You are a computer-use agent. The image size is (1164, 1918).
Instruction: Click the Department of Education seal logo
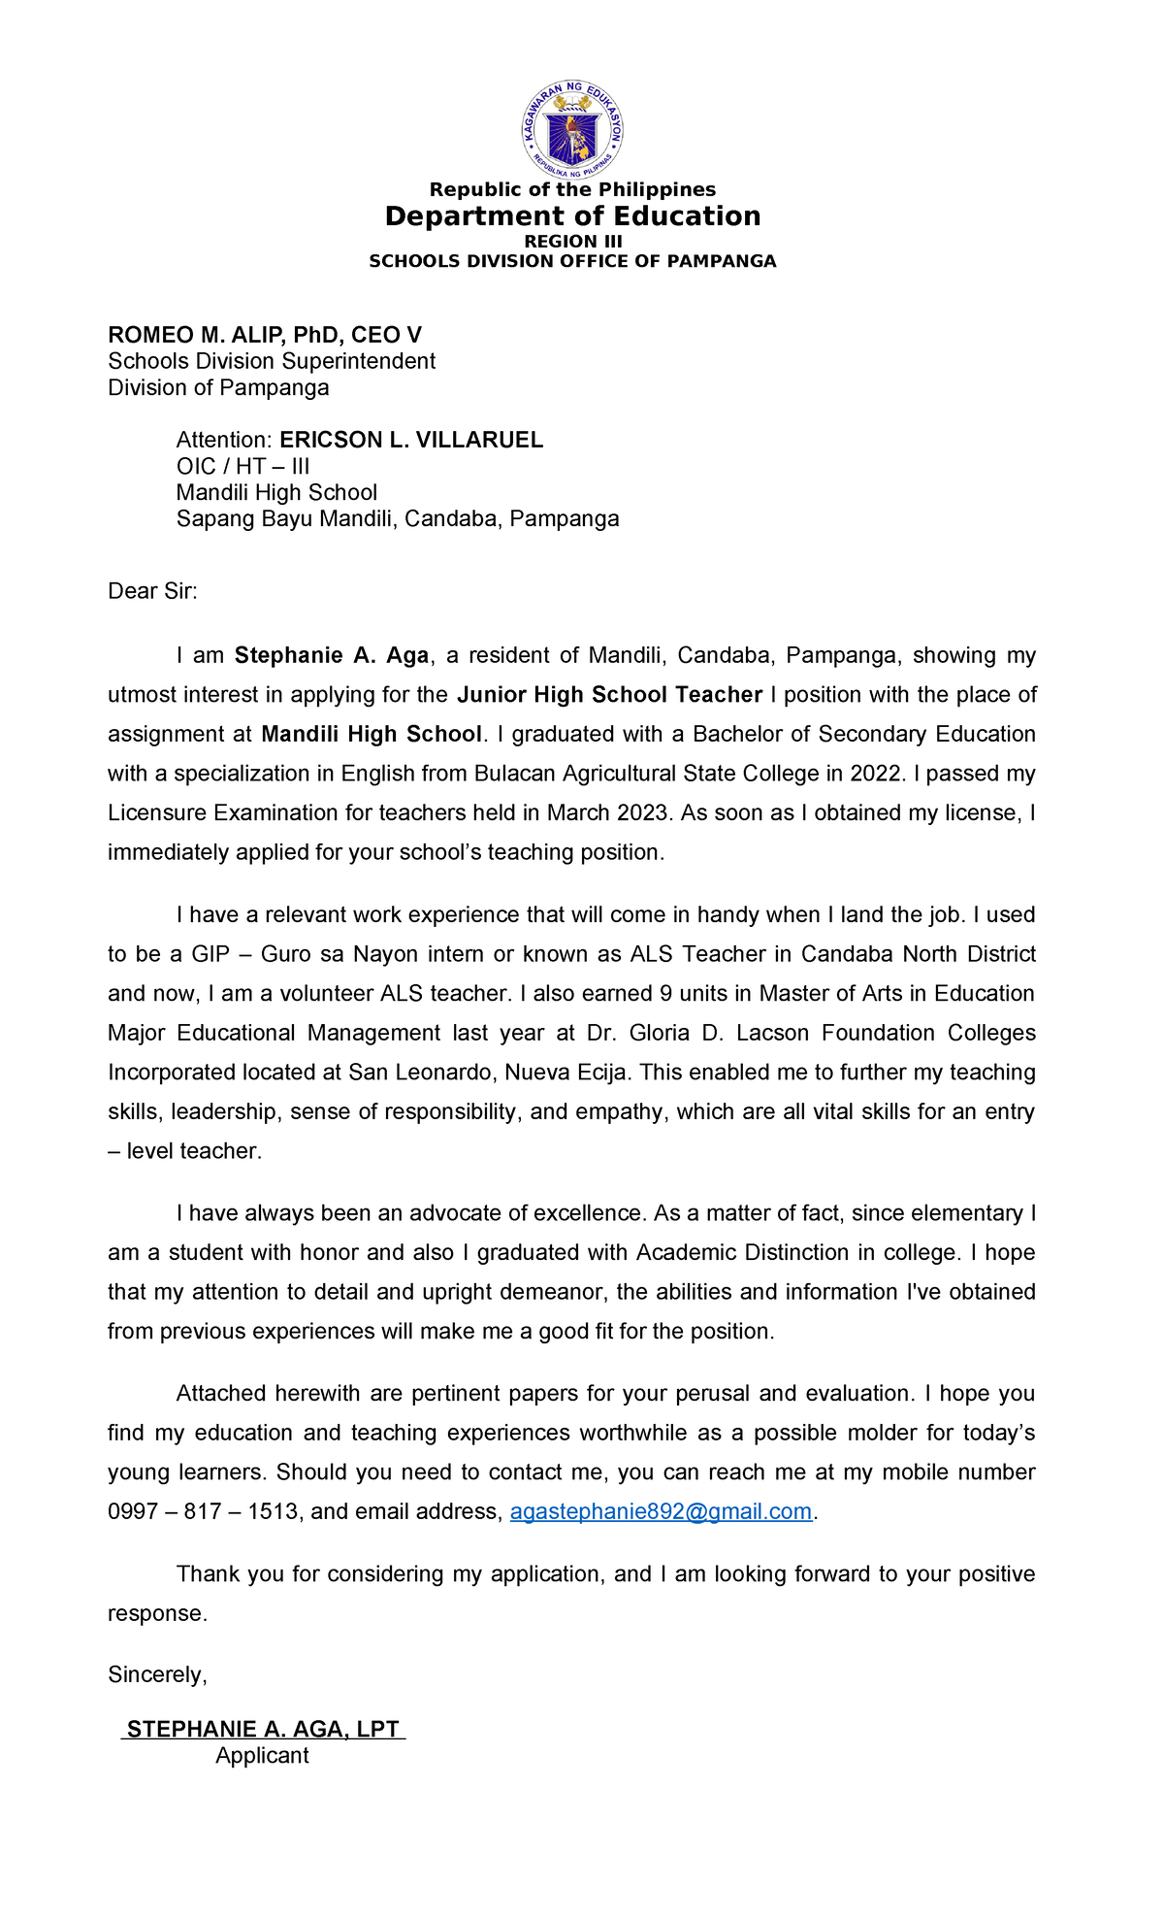click(572, 130)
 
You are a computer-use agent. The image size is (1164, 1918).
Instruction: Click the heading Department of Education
click(572, 216)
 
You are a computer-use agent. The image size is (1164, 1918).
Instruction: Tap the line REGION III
click(572, 242)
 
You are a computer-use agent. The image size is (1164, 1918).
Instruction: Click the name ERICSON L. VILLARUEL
click(411, 441)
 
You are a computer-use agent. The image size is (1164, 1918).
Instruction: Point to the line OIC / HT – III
click(242, 467)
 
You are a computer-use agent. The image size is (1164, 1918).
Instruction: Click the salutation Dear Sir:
click(152, 591)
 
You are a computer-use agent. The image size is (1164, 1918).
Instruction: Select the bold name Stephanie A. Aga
click(332, 656)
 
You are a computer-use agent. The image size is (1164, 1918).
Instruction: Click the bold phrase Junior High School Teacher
click(609, 695)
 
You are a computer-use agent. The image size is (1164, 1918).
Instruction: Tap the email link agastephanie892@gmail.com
click(661, 1512)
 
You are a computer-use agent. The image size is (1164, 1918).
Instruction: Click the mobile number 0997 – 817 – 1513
click(203, 1512)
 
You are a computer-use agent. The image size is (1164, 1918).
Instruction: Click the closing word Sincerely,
click(157, 1675)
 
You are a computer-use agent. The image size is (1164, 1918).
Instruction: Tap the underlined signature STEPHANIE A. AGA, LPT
click(263, 1730)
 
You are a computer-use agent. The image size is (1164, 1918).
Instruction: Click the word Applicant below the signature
click(262, 1756)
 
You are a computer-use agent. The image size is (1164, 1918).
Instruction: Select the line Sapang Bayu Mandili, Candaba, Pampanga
click(398, 519)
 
